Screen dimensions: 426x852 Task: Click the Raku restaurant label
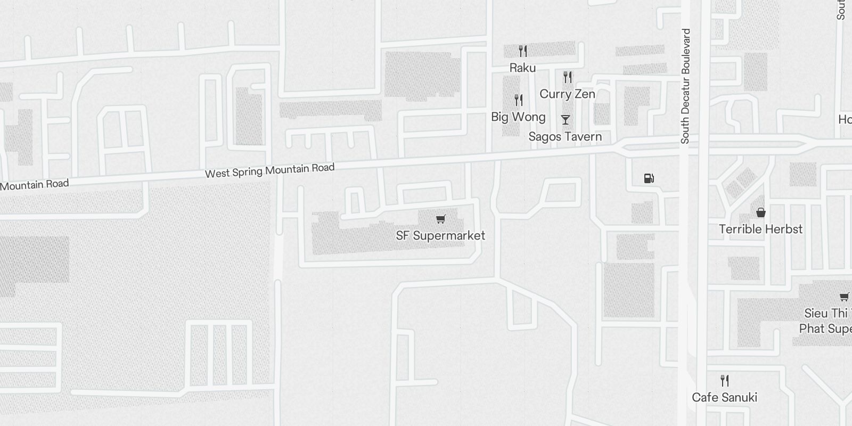point(522,68)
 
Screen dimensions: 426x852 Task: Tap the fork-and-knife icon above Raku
point(523,51)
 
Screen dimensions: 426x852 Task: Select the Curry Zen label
point(567,94)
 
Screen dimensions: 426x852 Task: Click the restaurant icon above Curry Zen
point(568,77)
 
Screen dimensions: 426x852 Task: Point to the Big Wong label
point(518,117)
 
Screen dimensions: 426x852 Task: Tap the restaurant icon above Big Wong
point(519,100)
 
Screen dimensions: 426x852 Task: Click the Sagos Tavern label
point(565,137)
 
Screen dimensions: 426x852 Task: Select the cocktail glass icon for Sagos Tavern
point(566,120)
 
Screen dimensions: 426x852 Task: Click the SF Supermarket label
point(440,235)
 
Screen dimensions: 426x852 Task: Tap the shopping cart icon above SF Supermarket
point(440,219)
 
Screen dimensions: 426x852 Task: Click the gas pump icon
point(649,178)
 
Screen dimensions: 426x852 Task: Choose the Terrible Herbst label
point(760,229)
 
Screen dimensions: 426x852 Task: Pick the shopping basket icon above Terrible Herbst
point(761,212)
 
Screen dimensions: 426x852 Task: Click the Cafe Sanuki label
point(724,397)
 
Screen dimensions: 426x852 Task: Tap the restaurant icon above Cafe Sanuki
point(725,381)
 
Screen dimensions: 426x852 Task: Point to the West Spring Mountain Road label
point(269,170)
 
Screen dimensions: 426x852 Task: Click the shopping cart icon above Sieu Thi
point(844,297)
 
